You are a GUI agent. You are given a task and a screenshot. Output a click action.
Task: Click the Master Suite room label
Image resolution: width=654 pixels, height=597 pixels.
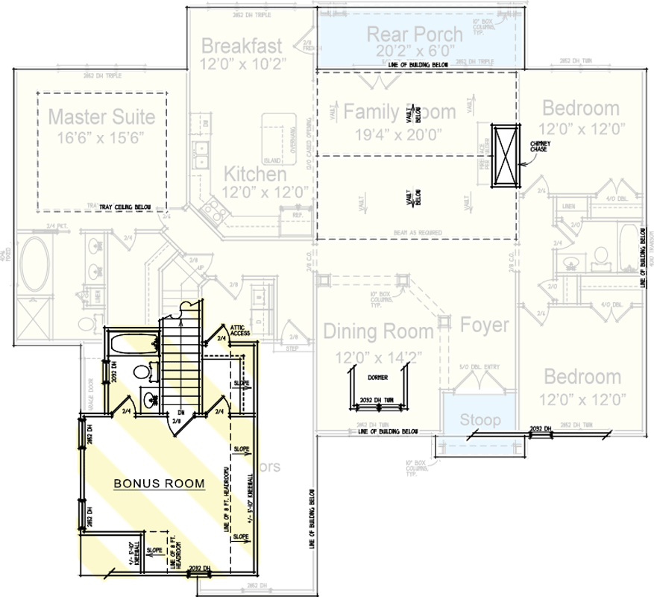point(101,116)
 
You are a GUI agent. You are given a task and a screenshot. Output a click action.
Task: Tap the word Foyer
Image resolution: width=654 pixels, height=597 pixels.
point(484,325)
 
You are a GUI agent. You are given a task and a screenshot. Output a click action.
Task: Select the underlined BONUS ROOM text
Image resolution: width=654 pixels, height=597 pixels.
point(159,484)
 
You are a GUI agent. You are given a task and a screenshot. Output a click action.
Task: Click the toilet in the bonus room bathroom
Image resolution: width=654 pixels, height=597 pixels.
point(142,371)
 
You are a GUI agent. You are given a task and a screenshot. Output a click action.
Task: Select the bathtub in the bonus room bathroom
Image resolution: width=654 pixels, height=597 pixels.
point(133,345)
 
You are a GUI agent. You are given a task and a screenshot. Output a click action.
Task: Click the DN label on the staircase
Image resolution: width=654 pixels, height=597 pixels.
point(180,411)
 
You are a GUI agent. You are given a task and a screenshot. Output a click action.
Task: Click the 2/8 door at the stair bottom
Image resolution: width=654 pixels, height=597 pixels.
point(177,422)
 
